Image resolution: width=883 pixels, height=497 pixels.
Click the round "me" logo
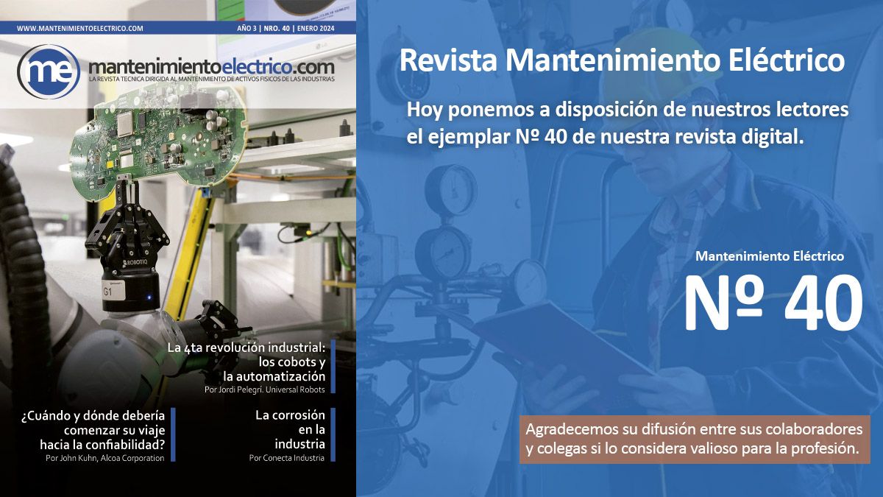pos(49,71)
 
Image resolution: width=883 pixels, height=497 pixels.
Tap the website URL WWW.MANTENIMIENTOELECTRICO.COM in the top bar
pos(80,29)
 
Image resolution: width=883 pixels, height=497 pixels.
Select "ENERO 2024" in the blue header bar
pos(316,29)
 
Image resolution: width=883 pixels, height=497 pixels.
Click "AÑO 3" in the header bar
pos(247,29)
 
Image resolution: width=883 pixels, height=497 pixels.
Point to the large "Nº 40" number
pos(774,303)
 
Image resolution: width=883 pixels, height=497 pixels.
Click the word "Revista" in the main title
pos(449,60)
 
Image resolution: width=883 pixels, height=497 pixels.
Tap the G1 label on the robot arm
pos(107,292)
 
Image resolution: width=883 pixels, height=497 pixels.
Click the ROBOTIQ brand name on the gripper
pos(135,262)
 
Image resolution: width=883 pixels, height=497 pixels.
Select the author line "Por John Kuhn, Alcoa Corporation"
pos(104,458)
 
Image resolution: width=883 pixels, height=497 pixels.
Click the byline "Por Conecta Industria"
pos(286,458)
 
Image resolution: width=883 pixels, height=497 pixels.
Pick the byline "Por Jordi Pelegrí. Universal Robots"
pos(264,390)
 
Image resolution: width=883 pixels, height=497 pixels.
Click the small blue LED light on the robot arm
pos(149,297)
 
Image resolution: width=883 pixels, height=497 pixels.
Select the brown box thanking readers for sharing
pos(695,439)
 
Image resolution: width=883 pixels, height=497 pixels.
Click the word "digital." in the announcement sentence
pos(772,137)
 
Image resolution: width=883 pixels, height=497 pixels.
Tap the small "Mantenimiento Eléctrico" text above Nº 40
pos(770,256)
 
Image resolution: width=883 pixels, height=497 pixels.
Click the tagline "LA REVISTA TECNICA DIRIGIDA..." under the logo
pos(212,79)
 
